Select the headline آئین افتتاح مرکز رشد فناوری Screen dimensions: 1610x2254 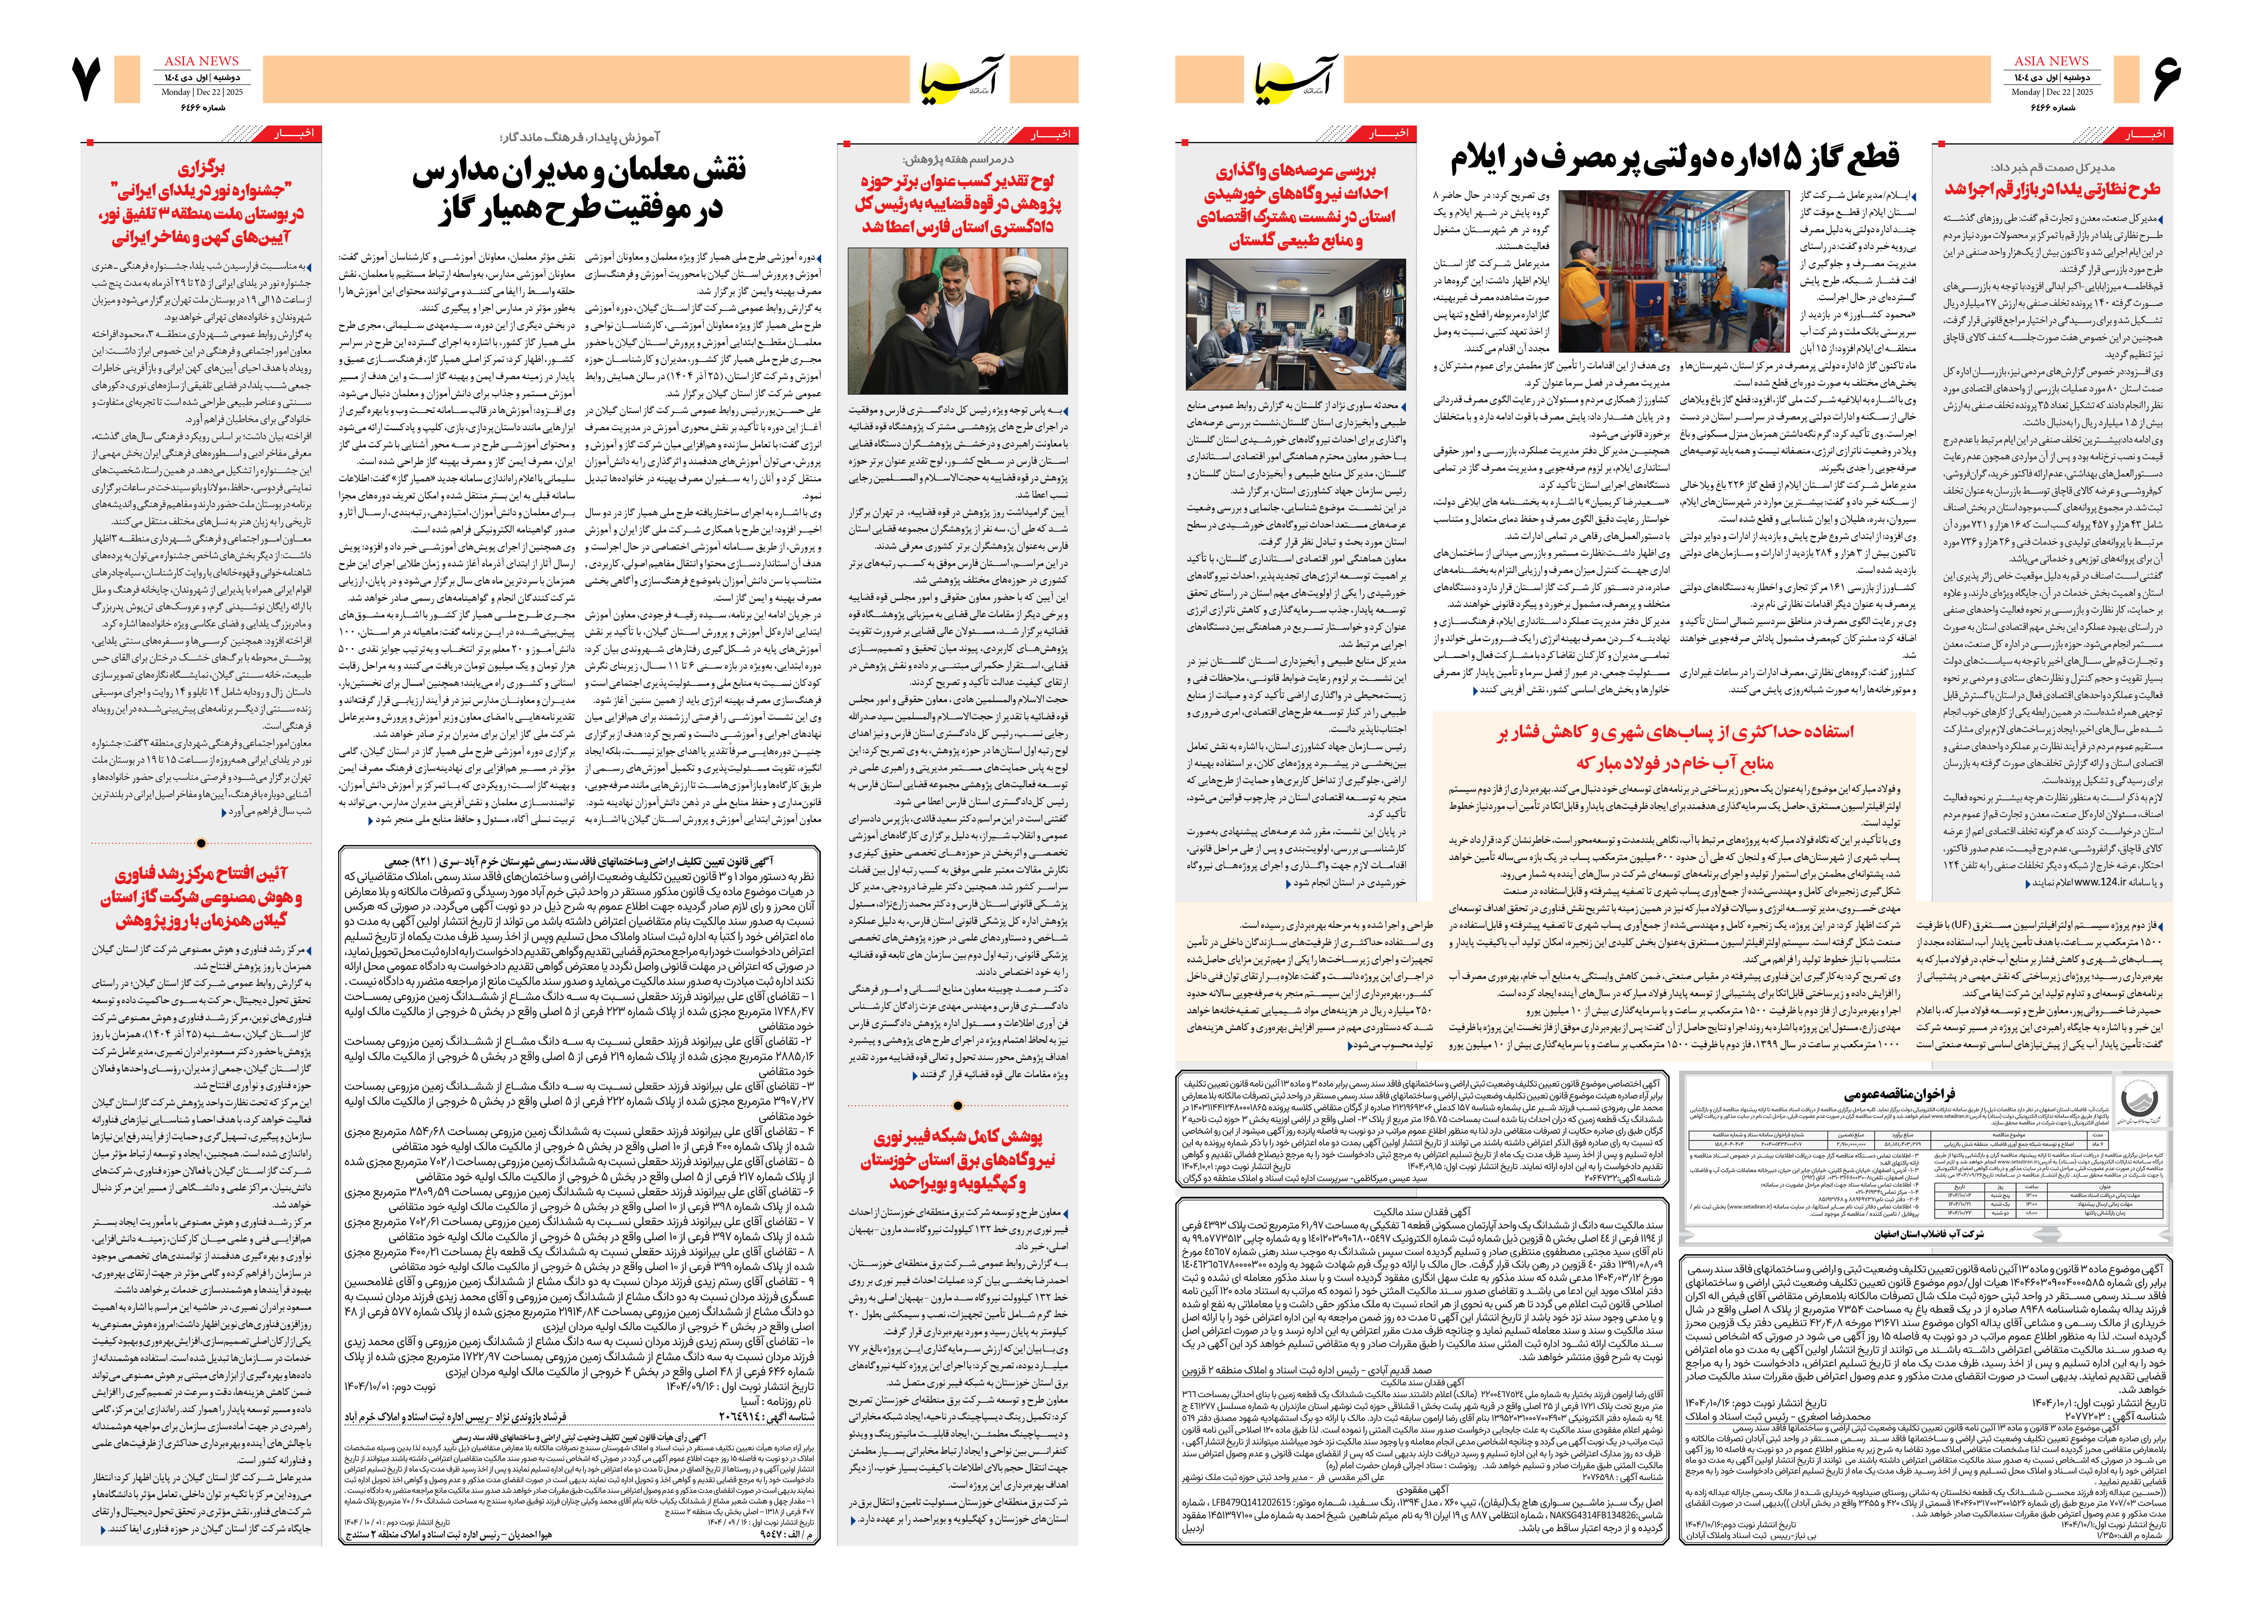click(x=201, y=897)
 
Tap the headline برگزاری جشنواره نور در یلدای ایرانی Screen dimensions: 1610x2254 click(x=201, y=203)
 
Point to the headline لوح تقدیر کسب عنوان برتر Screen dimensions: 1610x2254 click(x=958, y=203)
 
